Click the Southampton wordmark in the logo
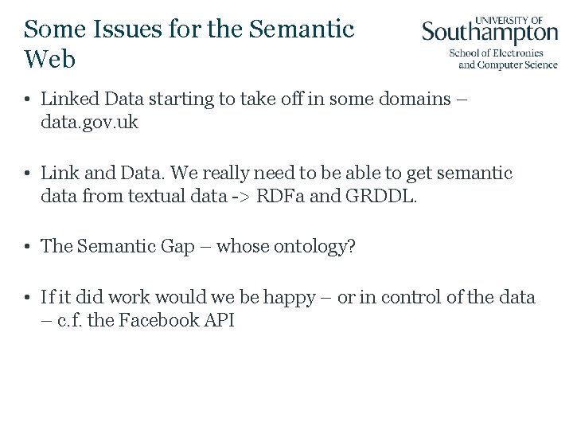[489, 33]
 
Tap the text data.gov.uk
[90, 123]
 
